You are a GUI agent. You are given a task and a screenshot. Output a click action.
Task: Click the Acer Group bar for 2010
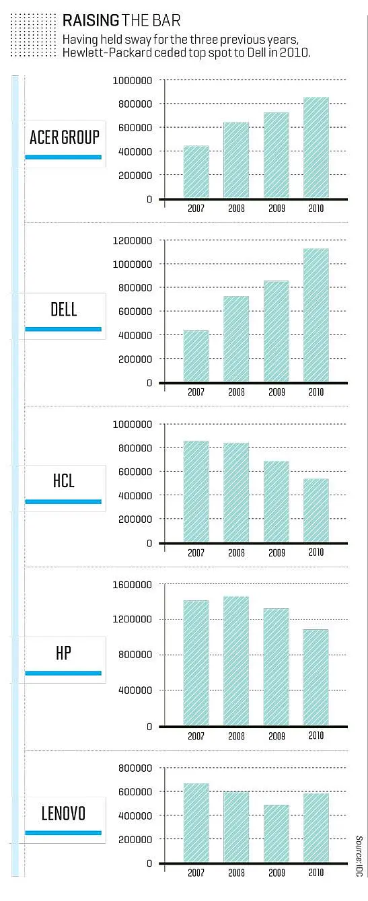316,147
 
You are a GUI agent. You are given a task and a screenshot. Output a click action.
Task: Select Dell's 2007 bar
196,356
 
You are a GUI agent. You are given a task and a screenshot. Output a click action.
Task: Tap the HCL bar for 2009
277,501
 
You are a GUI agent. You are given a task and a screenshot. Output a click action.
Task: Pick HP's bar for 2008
236,661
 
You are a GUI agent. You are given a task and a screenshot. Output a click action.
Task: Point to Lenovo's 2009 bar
277,834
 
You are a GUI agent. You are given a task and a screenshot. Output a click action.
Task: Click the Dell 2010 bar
316,315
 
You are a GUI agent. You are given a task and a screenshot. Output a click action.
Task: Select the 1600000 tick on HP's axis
133,585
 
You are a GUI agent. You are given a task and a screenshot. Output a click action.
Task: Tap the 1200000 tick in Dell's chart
133,240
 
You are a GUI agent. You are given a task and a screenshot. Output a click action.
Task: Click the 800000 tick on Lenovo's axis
135,768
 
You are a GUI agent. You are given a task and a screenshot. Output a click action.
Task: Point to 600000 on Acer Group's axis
135,127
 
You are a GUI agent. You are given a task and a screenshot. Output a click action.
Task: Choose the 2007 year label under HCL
196,552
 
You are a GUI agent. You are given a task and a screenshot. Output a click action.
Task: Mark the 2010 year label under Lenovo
316,872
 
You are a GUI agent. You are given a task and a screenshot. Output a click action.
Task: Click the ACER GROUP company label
65,137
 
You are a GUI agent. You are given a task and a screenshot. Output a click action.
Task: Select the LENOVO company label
63,814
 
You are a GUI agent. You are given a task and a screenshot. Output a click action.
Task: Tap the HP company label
63,653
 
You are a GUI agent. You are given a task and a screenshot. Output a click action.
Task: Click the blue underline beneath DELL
63,329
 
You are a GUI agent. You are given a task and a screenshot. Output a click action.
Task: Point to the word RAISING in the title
91,20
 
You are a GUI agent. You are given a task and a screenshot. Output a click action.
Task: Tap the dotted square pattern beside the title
34,35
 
